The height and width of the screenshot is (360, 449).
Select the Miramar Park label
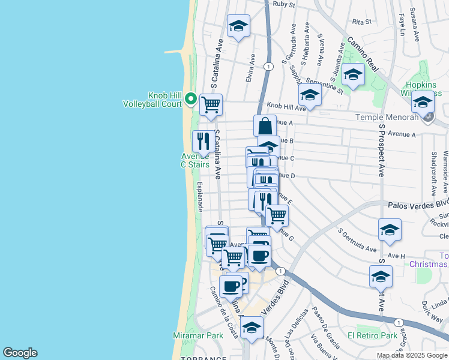(197, 335)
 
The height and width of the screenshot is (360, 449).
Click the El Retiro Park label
(372, 335)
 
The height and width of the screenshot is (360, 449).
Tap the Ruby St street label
(284, 4)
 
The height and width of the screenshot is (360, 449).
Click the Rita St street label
(363, 22)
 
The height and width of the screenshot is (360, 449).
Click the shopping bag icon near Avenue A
(265, 126)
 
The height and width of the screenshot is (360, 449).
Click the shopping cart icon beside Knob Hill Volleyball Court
(211, 105)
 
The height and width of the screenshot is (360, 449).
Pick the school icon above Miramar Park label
(252, 327)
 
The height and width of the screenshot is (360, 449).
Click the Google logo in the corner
(20, 353)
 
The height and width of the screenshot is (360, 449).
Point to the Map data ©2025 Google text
(412, 355)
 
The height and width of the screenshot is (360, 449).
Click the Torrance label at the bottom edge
(203, 358)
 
